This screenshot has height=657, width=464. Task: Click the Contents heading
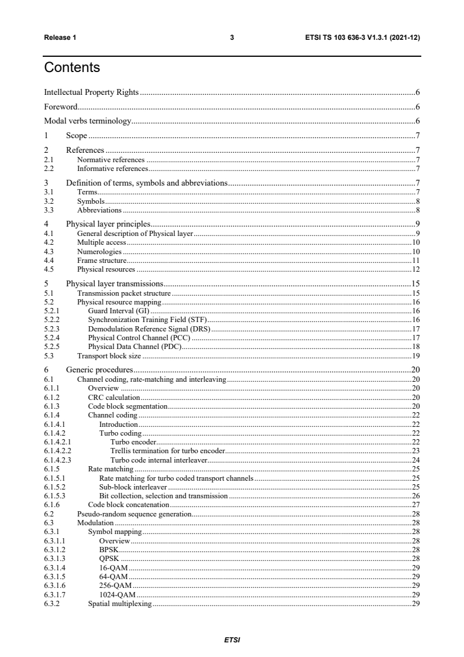coord(72,68)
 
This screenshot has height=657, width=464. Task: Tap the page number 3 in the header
coord(232,37)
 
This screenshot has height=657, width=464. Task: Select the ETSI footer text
coord(232,639)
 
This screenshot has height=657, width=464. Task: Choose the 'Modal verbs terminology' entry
coord(87,122)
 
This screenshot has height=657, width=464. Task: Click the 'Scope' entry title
coord(77,136)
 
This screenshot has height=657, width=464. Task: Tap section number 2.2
coord(49,168)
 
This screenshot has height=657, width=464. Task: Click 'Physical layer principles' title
coord(108,224)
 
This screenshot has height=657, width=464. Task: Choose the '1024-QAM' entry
coord(118,594)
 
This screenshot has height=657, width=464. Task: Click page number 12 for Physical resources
coord(416,269)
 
